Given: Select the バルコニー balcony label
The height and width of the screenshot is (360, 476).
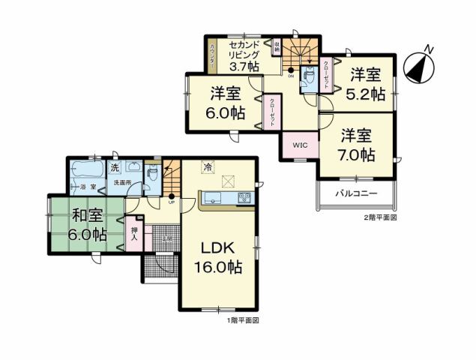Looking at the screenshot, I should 356,193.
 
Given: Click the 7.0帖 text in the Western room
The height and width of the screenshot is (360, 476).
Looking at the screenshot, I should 357,155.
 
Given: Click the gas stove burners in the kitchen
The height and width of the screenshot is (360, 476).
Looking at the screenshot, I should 245,198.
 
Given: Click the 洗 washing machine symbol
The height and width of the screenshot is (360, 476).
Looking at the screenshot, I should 115,167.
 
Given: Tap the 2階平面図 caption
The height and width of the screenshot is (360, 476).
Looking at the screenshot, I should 380,217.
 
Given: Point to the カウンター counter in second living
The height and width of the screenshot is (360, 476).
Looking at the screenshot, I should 214,57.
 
